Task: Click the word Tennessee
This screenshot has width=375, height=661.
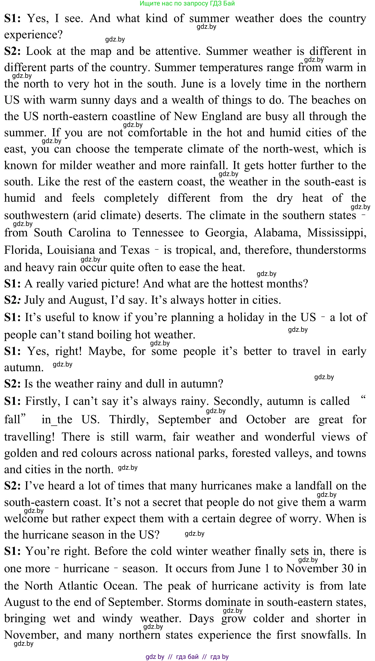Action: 158,233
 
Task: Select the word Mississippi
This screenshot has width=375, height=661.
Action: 337,233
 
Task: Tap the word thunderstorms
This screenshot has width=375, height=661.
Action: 331,250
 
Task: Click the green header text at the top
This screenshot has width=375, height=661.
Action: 187,3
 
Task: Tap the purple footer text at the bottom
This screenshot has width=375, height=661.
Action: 187,656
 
